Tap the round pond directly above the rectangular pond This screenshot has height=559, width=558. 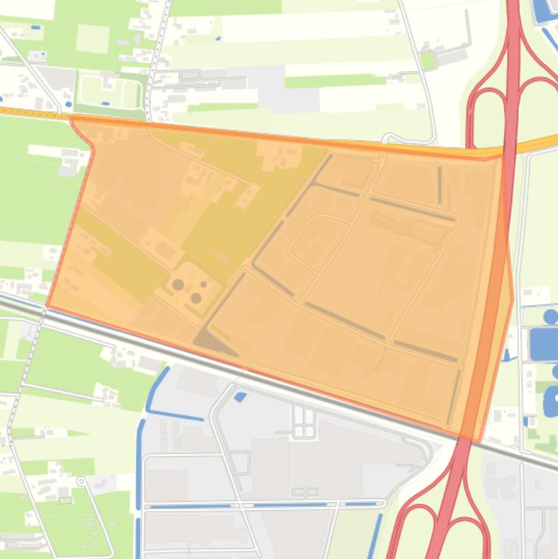click(551, 317)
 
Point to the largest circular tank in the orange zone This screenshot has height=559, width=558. click(178, 285)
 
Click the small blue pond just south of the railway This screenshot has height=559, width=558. click(240, 396)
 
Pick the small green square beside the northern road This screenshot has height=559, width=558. click(428, 60)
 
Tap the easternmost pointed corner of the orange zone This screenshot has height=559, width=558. click(513, 298)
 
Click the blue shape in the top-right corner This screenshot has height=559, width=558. click(543, 12)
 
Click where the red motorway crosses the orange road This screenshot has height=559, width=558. click(509, 150)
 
